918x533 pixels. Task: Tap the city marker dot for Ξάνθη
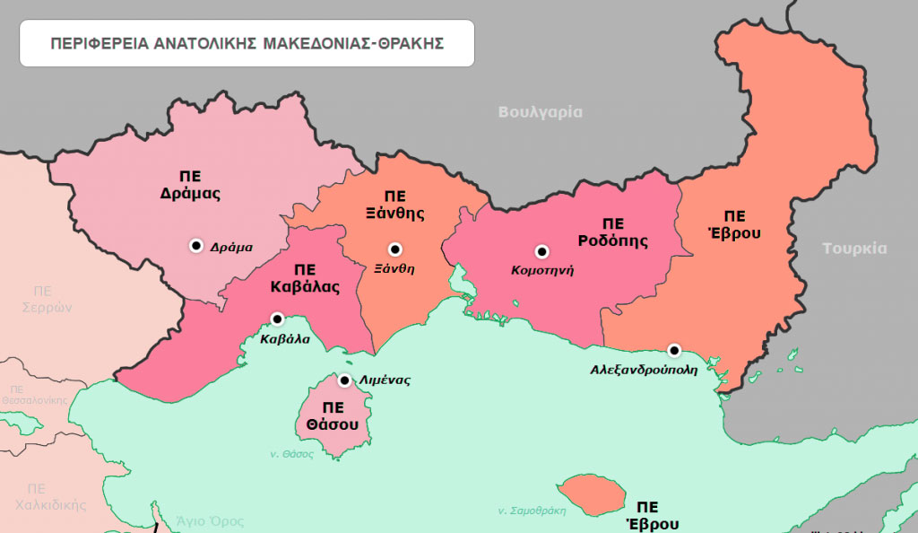tap(394, 249)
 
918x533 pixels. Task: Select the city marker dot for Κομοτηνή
tap(541, 251)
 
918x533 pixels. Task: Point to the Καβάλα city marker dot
tap(277, 319)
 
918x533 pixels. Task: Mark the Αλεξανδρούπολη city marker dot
tap(674, 350)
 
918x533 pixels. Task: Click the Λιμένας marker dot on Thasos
tap(344, 380)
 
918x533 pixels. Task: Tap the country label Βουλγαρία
tap(540, 112)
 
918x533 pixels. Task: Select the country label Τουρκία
tap(854, 249)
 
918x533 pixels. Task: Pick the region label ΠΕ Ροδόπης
tap(613, 232)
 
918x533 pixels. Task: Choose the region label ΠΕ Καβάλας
tap(305, 278)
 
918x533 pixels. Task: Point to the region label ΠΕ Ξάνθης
tap(394, 205)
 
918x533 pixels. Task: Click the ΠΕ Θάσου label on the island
tap(333, 415)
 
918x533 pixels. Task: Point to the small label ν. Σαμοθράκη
tap(532, 511)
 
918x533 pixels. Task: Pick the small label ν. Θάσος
tap(292, 454)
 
